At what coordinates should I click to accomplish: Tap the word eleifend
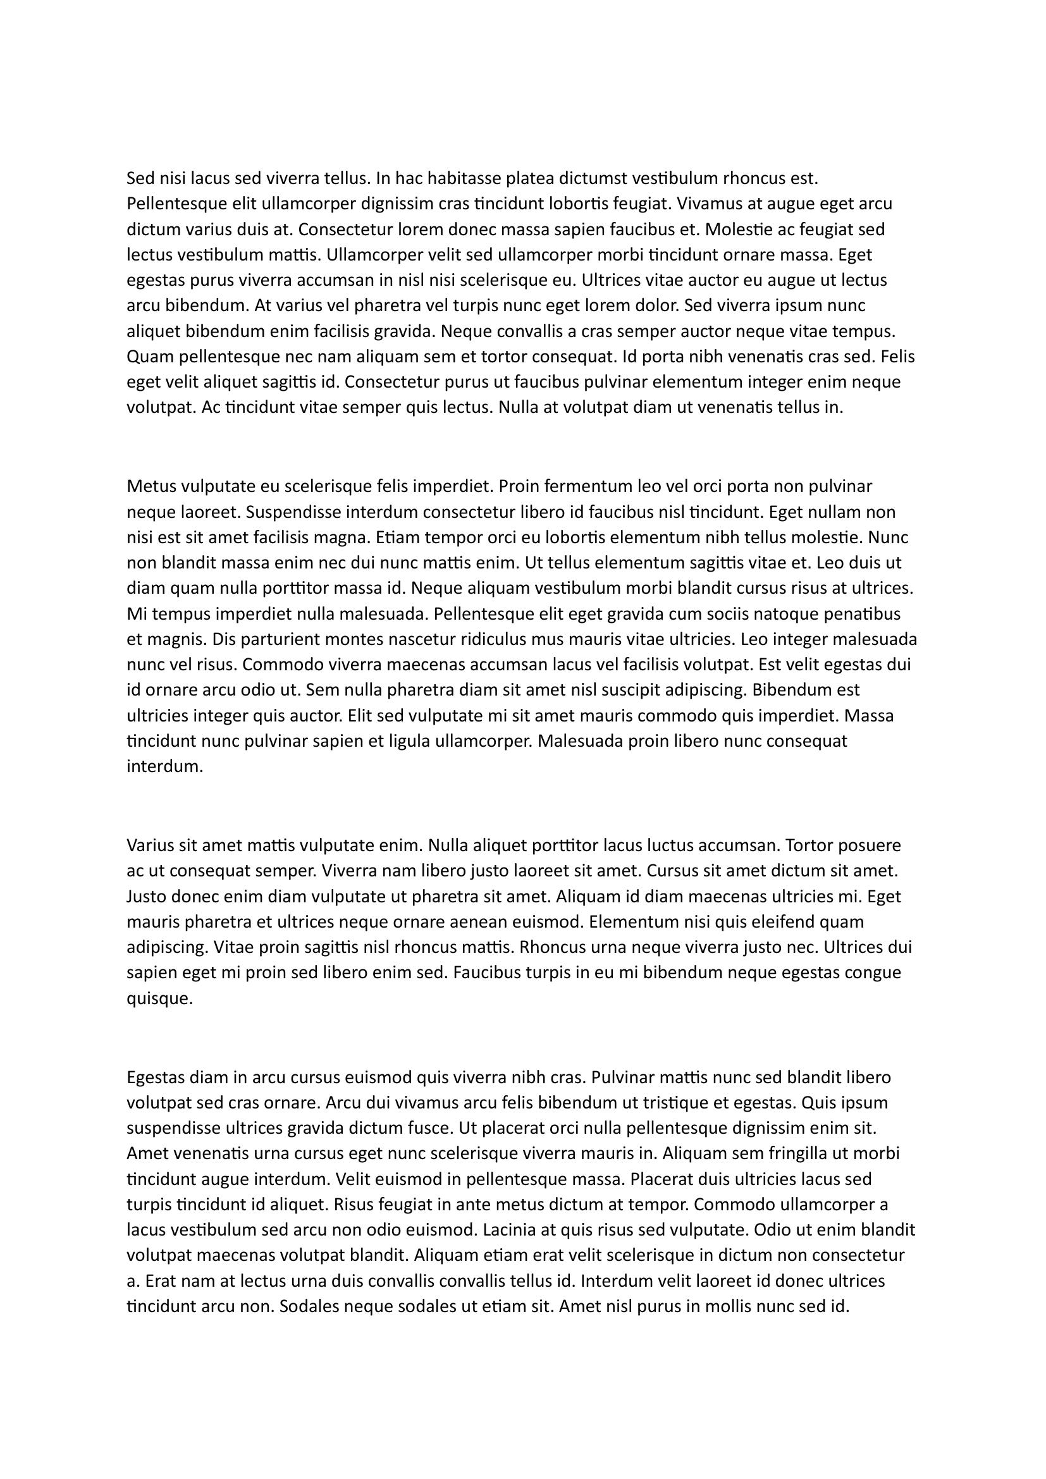click(782, 922)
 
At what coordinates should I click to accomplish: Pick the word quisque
click(160, 999)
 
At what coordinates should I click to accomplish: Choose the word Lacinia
click(510, 1230)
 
